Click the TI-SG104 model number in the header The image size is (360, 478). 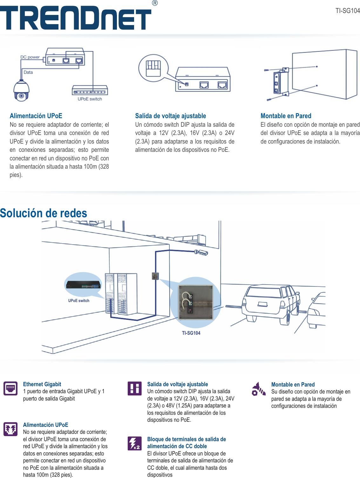point(347,11)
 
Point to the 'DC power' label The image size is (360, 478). point(30,57)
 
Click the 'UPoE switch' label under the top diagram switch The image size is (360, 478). point(90,99)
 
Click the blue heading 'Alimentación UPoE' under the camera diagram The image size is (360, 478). point(36,116)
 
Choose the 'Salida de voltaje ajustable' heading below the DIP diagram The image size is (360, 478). point(170,116)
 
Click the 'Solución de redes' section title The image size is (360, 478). point(44,213)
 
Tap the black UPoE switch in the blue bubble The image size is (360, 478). point(83,285)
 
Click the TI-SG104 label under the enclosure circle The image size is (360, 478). point(191,333)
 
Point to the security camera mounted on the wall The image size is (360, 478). point(201,252)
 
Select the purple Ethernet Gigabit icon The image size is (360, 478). point(10,388)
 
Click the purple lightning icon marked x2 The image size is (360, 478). point(134,443)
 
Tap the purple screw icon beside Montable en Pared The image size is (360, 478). point(258,389)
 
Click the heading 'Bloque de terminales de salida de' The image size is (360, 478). point(187,439)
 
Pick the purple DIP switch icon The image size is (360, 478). point(134,388)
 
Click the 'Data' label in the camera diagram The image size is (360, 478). point(28,72)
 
